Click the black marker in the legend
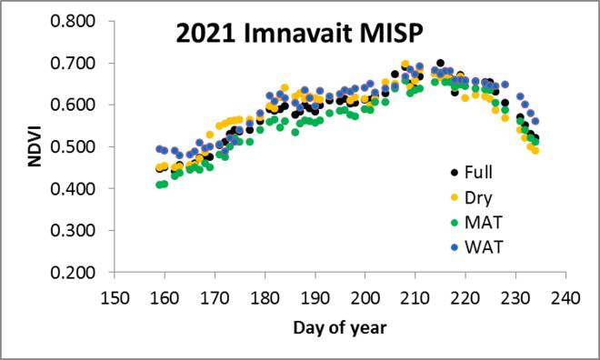tap(454, 172)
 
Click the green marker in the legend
tap(454, 221)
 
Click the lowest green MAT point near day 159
tap(159, 185)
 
